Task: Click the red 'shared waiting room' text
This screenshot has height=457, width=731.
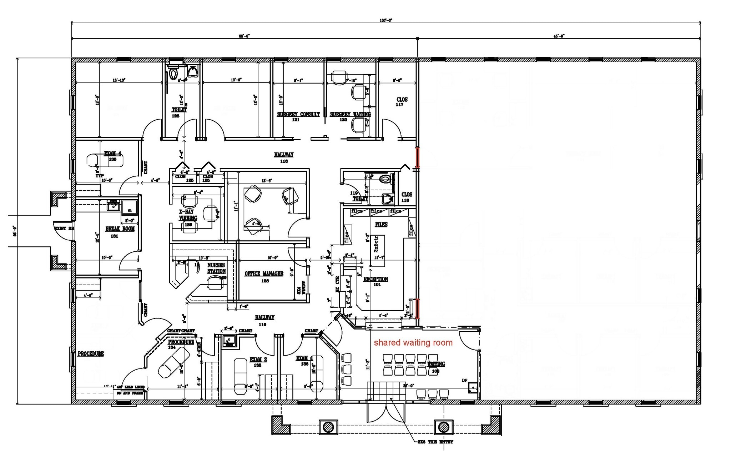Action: pyautogui.click(x=413, y=343)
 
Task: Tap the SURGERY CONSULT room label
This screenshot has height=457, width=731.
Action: pyautogui.click(x=298, y=115)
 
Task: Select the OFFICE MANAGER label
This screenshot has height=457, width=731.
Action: pyautogui.click(x=264, y=274)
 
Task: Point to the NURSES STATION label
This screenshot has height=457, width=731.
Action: pyautogui.click(x=216, y=268)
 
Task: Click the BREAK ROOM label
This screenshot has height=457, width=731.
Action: pyautogui.click(x=120, y=229)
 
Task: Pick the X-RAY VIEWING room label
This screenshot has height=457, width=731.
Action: pyautogui.click(x=188, y=215)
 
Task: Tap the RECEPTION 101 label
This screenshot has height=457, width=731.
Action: pyautogui.click(x=375, y=280)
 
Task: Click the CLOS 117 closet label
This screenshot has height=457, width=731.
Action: pyautogui.click(x=402, y=102)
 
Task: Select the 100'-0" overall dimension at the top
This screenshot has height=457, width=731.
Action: pyautogui.click(x=386, y=20)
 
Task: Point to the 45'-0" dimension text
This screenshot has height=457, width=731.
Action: pyautogui.click(x=559, y=36)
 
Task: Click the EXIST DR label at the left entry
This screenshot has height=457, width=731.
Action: pyautogui.click(x=64, y=228)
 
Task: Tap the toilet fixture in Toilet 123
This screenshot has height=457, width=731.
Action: pyautogui.click(x=173, y=74)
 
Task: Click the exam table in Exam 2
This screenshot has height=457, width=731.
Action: pyautogui.click(x=240, y=376)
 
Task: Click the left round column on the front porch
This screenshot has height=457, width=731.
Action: pyautogui.click(x=328, y=427)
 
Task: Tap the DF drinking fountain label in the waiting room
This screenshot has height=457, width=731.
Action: pyautogui.click(x=464, y=381)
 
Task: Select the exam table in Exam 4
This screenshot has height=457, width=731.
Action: pyautogui.click(x=105, y=160)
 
